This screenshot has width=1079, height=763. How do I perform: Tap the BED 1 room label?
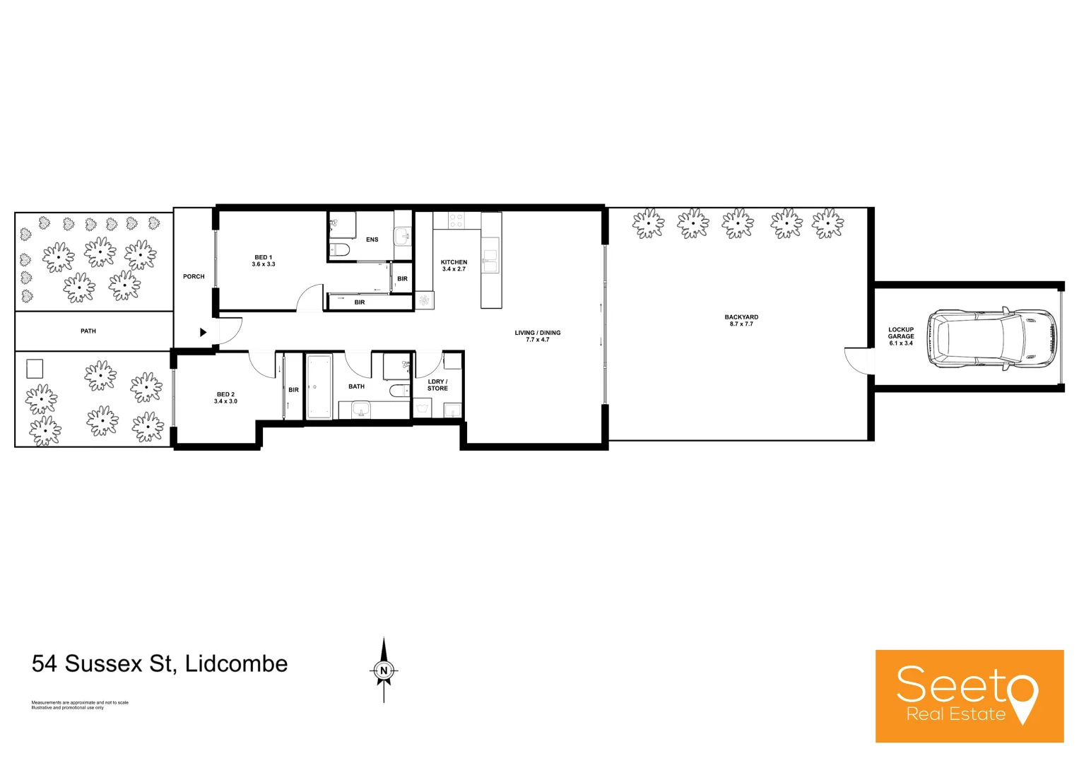tap(264, 261)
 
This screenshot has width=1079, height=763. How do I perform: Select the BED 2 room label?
tap(225, 398)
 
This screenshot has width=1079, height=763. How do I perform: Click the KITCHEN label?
tap(454, 265)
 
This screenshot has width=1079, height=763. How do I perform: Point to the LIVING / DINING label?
tap(537, 336)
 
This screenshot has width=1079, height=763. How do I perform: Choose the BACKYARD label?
tap(741, 320)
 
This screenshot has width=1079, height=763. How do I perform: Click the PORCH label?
tap(194, 276)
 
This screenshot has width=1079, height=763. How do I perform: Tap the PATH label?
tap(88, 331)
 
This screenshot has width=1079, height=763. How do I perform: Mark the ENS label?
tap(372, 239)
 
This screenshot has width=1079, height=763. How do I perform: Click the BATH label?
tap(356, 386)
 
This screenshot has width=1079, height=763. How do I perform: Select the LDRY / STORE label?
tap(437, 385)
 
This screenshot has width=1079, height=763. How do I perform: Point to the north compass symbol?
tap(384, 670)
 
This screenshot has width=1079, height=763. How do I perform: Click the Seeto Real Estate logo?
tap(969, 696)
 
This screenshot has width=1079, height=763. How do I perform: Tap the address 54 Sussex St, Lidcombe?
tap(160, 663)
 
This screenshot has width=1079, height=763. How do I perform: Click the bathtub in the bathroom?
tap(319, 386)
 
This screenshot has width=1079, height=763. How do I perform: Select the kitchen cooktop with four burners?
tap(456, 220)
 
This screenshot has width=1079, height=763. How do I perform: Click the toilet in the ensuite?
tap(339, 249)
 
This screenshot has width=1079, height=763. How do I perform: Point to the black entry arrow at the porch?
tap(203, 332)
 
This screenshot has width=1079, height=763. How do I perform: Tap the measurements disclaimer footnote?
tap(80, 704)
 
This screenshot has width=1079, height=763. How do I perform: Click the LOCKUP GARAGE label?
tap(901, 336)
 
